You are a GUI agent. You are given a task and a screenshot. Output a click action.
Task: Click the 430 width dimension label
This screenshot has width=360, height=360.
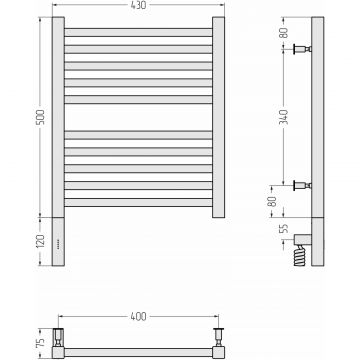tap(139, 5)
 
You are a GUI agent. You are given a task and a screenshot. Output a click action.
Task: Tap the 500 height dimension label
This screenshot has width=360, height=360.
tap(40, 117)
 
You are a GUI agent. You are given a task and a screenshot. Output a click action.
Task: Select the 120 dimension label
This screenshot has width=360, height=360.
tap(40, 241)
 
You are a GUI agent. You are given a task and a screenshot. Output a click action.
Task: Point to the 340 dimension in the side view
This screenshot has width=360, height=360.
tap(284, 117)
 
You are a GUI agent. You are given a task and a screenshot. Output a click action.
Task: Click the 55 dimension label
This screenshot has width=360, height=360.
tap(284, 229)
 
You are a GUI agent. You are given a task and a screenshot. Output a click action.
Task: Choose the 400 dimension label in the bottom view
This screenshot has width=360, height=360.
tap(138, 316)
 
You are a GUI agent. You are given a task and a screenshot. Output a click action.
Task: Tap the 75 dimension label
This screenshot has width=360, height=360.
tap(40, 342)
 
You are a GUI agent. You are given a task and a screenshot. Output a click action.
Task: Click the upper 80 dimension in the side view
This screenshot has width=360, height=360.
tap(284, 33)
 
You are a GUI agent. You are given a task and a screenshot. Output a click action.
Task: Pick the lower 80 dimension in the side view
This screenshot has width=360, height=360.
tap(273, 201)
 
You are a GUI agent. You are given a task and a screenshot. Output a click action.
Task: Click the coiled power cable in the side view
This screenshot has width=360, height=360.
tap(299, 255)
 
